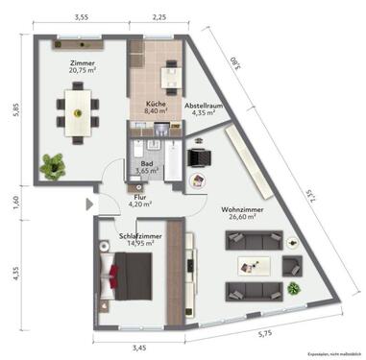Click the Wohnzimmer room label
click(247, 207)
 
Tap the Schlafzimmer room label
click(140, 234)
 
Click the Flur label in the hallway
click(140, 194)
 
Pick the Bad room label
click(147, 163)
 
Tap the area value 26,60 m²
click(247, 217)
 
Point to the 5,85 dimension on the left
click(14, 109)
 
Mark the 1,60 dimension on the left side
click(14, 202)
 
